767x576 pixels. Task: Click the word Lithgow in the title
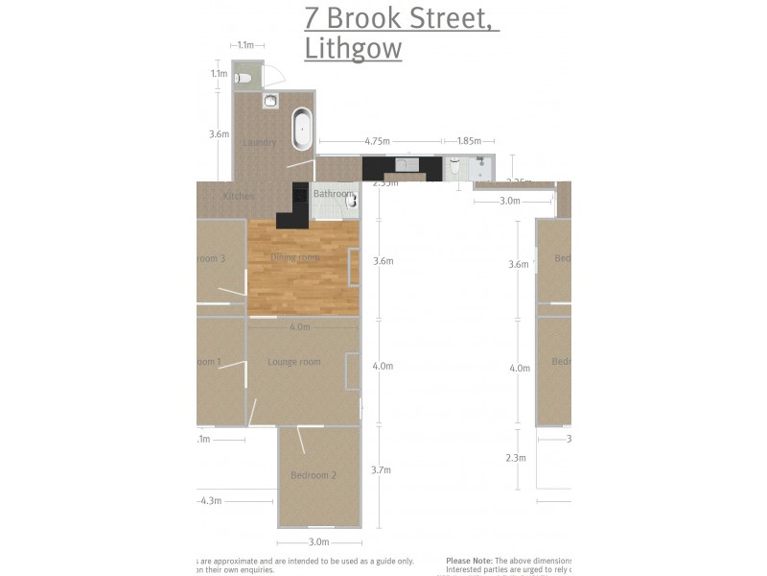coord(353,49)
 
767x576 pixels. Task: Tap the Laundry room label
coord(260,143)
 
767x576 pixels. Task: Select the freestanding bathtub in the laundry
coord(302,129)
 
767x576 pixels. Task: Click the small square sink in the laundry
coord(271,100)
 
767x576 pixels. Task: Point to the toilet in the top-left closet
coord(245,78)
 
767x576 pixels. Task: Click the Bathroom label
coord(333,194)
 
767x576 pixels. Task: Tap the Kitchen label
coord(238,196)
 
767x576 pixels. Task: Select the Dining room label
coord(294,257)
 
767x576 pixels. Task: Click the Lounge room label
coord(294,362)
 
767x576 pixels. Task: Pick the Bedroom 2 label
coord(314,475)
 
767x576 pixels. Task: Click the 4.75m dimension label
coord(377,141)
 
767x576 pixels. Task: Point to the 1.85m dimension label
coord(469,141)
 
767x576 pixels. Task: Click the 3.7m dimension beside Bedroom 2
coord(381,469)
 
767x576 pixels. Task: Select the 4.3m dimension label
coord(210,500)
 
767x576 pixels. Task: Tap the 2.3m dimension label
coord(516,458)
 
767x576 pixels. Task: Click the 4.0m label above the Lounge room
coord(299,326)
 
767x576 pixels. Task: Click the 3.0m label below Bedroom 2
coord(318,542)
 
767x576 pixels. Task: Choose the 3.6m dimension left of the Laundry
coord(219,134)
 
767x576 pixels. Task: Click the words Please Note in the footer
coord(469,560)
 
